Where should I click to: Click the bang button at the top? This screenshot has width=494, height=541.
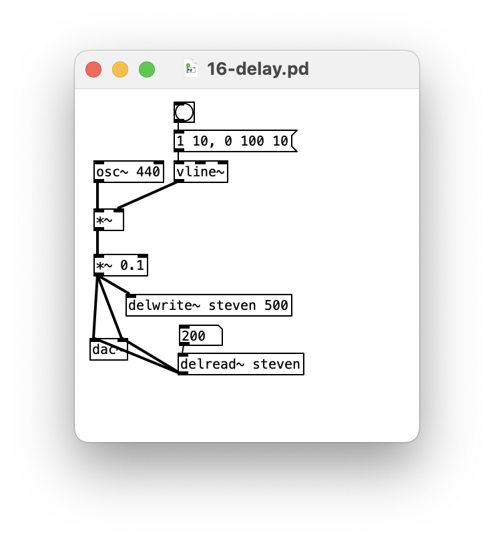[x=184, y=112]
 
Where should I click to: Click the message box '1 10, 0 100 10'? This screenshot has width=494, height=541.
[x=232, y=141]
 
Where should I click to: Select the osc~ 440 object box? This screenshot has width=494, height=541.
[x=128, y=172]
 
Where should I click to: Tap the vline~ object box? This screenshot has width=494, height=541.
[x=200, y=172]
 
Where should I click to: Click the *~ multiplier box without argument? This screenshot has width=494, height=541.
[x=108, y=220]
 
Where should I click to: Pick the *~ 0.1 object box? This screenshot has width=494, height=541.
[x=120, y=266]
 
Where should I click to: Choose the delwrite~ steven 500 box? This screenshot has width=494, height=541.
[x=208, y=305]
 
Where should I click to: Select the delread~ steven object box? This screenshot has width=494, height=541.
[x=240, y=364]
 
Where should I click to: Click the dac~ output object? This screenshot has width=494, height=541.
[x=104, y=350]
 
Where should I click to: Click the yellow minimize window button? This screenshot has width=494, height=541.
[x=120, y=69]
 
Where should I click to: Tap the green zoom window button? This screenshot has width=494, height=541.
[x=147, y=69]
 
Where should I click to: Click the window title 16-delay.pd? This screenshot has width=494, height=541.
[x=258, y=69]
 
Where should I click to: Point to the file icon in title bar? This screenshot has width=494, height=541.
[x=191, y=68]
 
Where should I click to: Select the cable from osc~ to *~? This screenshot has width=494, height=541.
[x=97, y=196]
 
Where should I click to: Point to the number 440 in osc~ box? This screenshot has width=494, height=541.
[x=148, y=172]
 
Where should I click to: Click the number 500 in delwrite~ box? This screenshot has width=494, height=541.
[x=277, y=305]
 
